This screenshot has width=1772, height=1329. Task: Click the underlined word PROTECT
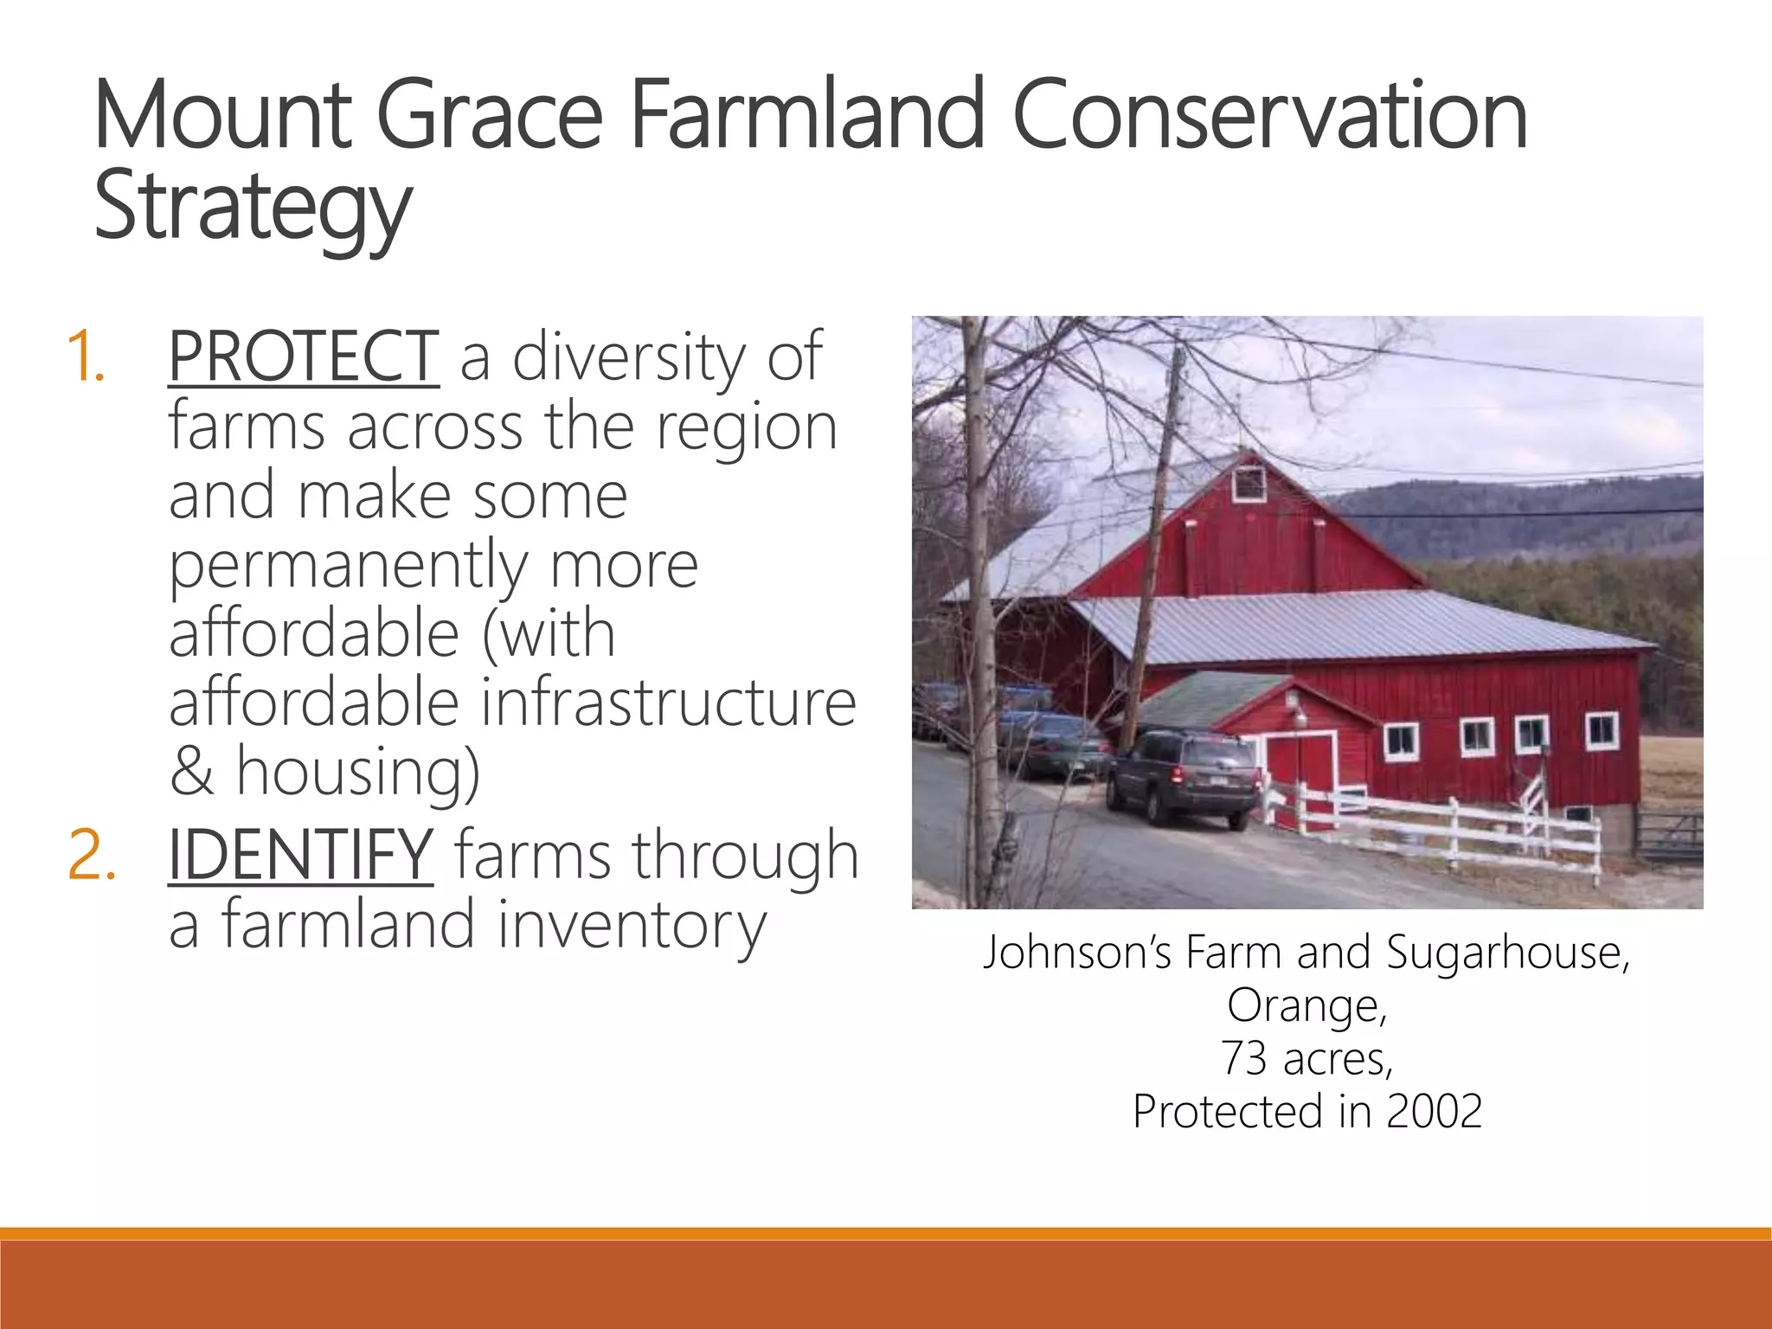tap(304, 356)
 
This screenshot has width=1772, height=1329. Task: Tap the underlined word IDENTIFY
tap(300, 855)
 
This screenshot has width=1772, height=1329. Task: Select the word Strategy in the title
tap(253, 208)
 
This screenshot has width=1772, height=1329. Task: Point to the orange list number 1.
tap(86, 356)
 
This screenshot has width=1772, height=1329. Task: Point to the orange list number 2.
tap(91, 855)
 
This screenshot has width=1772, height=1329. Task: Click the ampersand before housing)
tap(191, 771)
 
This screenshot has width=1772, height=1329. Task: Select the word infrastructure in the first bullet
tap(668, 702)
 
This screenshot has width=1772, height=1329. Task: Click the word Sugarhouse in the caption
tap(1506, 952)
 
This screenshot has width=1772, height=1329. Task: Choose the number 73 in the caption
tap(1244, 1058)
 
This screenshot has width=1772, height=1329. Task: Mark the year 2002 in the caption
tap(1434, 1111)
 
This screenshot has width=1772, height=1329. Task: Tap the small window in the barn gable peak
tap(1249, 483)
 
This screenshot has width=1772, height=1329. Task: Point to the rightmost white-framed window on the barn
tap(1602, 731)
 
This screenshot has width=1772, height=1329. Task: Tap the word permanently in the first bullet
tap(347, 565)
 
